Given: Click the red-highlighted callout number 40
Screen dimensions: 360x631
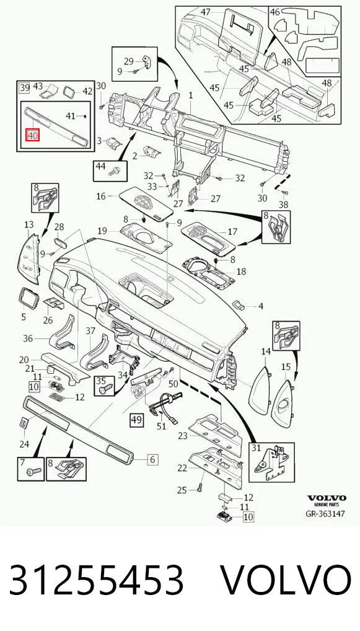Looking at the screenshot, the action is (x=32, y=135).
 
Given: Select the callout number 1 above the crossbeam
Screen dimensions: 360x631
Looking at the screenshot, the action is (x=191, y=96).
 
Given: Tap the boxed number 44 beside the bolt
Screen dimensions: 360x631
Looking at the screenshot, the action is (x=100, y=165).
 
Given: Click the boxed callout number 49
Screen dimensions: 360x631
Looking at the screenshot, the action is (x=136, y=420).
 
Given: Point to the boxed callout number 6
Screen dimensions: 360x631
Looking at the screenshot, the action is (x=152, y=459).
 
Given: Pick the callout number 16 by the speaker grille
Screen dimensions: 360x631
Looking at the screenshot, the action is (x=101, y=196).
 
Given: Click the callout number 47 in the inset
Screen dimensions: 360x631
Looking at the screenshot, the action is (x=206, y=12).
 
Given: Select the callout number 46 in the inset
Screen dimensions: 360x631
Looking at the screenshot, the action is (x=275, y=12).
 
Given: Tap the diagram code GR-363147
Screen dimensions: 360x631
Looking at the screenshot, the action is (x=325, y=513).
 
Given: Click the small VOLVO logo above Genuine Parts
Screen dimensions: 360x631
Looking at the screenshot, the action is (x=327, y=498).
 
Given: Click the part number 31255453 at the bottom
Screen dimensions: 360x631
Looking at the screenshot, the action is (x=97, y=580).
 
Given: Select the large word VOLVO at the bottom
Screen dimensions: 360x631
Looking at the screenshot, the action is (x=287, y=580).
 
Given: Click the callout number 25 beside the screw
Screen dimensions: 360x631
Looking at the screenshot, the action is (x=182, y=490).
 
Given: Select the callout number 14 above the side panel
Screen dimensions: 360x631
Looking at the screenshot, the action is (x=266, y=351).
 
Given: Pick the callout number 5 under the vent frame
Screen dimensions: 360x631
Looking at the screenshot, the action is (x=24, y=317).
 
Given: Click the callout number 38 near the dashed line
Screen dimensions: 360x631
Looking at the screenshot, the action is (x=284, y=205).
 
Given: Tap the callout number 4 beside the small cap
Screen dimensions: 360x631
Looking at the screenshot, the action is (x=261, y=307).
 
